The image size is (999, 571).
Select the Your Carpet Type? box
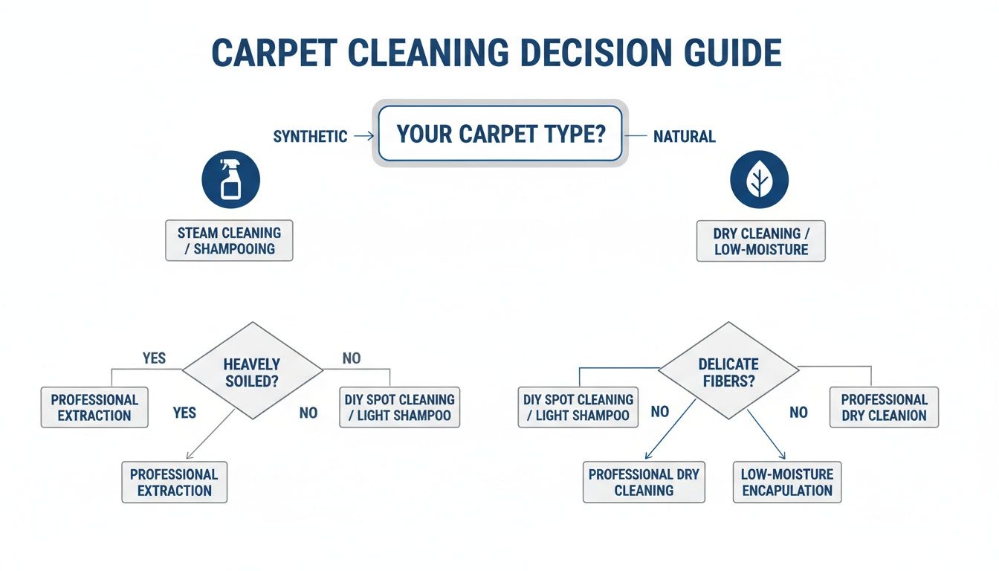499,134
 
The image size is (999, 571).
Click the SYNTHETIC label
310,137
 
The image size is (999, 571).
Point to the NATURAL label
684,137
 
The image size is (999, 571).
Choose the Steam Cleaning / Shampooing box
229,240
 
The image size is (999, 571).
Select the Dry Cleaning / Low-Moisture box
761,240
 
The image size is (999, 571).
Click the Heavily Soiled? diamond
252,370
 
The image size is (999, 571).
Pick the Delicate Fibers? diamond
728,370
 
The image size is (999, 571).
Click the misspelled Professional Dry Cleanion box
884,407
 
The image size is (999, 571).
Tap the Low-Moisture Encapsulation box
787,482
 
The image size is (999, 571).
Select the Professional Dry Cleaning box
644,482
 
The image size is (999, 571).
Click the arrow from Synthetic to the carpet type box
363,136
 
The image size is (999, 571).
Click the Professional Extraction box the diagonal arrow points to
174,482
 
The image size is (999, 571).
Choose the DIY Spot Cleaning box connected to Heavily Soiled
399,407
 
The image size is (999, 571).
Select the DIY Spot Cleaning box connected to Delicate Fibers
578,407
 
